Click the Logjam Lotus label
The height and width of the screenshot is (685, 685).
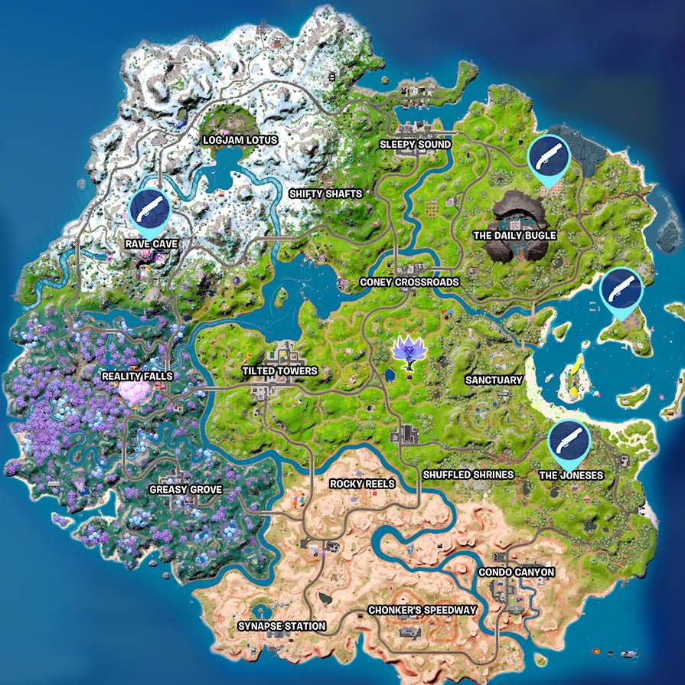(x=239, y=141)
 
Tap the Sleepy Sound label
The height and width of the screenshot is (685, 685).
(x=416, y=145)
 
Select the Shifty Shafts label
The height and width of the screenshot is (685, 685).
(x=325, y=194)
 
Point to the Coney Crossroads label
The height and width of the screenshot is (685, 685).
(x=409, y=282)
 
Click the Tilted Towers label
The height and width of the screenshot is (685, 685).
(x=279, y=371)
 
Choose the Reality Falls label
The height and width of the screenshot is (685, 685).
(x=137, y=377)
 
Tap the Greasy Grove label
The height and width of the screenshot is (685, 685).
(x=180, y=489)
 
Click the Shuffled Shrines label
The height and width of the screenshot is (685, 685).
(x=468, y=475)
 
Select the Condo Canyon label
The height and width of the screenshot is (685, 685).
(x=516, y=572)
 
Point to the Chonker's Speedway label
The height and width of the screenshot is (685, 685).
(x=422, y=610)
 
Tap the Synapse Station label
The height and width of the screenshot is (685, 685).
(x=281, y=626)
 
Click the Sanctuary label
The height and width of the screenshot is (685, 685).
(x=494, y=380)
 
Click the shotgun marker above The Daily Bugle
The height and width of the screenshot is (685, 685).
(x=550, y=158)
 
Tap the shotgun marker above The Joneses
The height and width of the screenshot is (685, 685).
(x=569, y=442)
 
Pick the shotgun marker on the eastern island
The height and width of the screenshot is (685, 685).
(x=621, y=289)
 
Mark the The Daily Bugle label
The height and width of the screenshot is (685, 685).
(x=514, y=236)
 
